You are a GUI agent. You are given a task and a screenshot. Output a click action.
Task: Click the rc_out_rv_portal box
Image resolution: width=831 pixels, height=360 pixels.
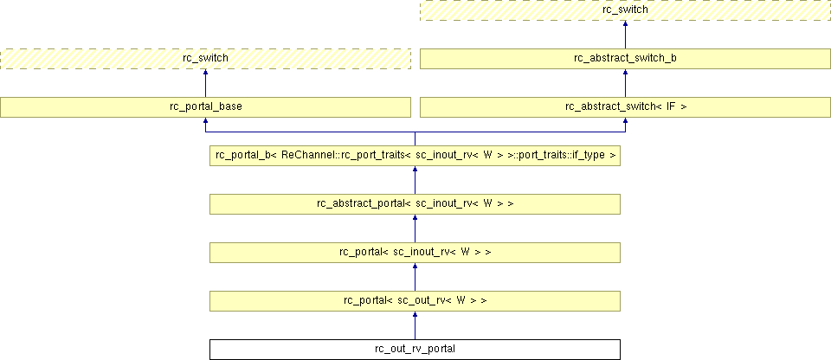click(x=415, y=350)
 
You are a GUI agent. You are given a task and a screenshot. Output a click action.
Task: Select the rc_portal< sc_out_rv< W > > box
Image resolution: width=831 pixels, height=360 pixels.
click(x=415, y=300)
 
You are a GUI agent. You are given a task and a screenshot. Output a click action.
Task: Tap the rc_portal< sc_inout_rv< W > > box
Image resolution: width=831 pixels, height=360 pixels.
click(x=415, y=253)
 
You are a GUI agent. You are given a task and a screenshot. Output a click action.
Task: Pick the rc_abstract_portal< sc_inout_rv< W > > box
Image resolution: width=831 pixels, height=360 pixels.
click(x=415, y=204)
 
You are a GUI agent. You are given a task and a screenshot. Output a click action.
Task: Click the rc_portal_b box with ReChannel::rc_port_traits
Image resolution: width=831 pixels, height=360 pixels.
click(x=415, y=156)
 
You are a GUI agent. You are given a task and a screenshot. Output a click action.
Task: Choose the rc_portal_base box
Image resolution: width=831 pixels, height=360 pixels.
click(x=205, y=107)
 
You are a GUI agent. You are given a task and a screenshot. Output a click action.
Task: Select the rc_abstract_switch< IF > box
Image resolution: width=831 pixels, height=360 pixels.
click(x=625, y=107)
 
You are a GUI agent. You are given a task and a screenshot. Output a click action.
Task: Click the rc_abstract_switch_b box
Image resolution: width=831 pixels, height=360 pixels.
click(x=625, y=58)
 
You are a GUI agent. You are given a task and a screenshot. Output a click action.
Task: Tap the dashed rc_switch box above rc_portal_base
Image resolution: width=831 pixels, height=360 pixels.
click(x=205, y=58)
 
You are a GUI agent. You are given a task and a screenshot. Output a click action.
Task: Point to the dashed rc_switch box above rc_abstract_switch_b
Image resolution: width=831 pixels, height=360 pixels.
click(x=625, y=10)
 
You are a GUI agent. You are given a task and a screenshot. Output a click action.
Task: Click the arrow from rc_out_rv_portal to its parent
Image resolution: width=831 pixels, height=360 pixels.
click(x=415, y=325)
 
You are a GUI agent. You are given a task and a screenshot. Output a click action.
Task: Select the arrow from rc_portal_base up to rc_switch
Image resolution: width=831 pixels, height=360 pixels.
click(x=205, y=83)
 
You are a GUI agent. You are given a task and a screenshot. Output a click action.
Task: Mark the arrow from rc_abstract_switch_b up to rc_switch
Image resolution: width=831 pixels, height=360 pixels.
click(x=625, y=35)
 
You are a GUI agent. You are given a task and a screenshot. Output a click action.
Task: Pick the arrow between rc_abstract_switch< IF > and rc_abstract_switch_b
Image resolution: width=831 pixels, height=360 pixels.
click(x=625, y=83)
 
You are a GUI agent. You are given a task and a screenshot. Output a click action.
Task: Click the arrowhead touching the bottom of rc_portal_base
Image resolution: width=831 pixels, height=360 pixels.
click(x=205, y=121)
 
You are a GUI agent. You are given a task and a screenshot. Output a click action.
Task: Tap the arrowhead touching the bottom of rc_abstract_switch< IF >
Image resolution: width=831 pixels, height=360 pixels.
click(x=625, y=121)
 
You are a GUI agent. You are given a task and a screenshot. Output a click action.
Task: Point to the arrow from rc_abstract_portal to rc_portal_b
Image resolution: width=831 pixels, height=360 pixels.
click(x=415, y=180)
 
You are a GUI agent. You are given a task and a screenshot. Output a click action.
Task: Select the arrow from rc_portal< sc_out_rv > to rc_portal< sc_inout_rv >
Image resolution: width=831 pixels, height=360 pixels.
click(x=415, y=277)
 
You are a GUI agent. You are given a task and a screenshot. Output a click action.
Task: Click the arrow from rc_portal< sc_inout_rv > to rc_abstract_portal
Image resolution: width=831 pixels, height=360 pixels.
click(x=415, y=228)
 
